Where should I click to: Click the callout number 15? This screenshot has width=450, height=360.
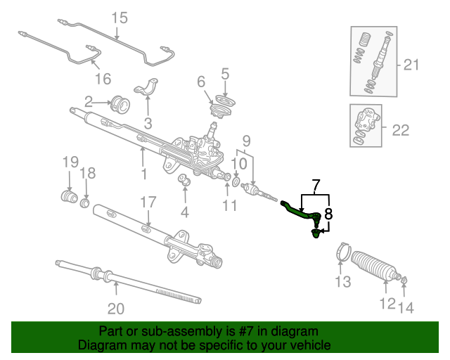[x=120, y=18]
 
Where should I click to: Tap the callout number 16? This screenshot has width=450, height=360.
[x=103, y=77]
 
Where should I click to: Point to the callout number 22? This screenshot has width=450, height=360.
[x=400, y=129]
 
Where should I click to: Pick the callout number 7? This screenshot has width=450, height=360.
[x=316, y=186]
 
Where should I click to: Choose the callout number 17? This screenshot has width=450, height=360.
[x=146, y=202]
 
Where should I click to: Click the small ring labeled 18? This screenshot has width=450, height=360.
[x=85, y=203]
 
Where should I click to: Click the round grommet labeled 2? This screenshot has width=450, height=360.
[x=121, y=105]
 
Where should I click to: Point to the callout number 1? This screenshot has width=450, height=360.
[x=143, y=173]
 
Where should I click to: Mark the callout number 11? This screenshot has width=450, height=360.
[x=229, y=205]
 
